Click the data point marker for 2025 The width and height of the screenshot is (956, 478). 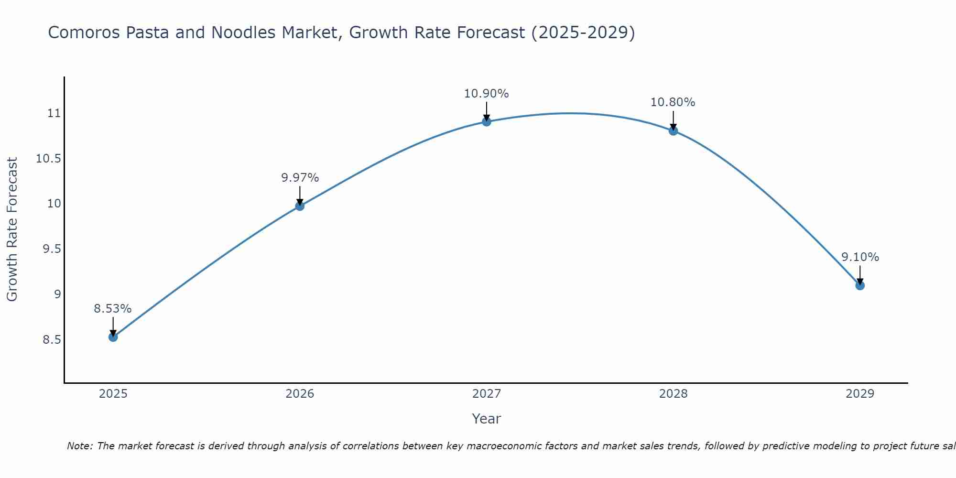(x=113, y=337)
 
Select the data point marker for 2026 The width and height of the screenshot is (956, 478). (x=300, y=206)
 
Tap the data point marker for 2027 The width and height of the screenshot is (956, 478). (x=487, y=122)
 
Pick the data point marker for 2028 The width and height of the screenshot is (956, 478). (x=673, y=131)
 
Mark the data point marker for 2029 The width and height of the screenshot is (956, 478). (x=860, y=285)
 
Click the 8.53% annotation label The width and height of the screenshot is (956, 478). (x=113, y=309)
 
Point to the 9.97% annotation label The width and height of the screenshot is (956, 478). (x=300, y=178)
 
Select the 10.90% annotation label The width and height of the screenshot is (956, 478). (x=487, y=94)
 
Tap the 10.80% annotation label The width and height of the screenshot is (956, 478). (x=673, y=102)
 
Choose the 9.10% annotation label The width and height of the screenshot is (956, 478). (x=860, y=257)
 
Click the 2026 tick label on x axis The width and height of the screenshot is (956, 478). (x=300, y=394)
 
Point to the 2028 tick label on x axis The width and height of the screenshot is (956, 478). (x=673, y=394)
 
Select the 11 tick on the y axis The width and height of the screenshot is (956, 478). (x=54, y=113)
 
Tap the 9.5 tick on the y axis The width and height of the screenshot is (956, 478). (x=52, y=249)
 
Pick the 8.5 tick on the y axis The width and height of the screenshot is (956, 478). (x=52, y=340)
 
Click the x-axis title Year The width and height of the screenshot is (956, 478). (x=486, y=419)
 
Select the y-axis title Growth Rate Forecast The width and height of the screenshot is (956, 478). (x=12, y=229)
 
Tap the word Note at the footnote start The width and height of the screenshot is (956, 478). (x=79, y=446)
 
